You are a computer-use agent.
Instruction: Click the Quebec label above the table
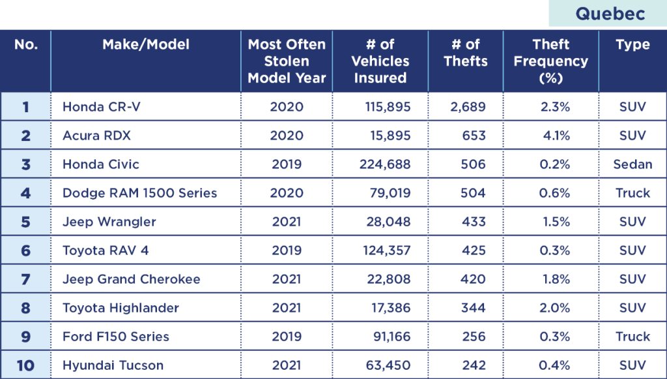click(609, 14)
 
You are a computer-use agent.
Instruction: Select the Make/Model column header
click(146, 44)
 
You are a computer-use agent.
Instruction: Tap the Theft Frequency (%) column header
click(550, 61)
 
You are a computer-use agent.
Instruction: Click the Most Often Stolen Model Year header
click(287, 61)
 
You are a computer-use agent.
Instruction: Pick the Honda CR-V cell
click(101, 107)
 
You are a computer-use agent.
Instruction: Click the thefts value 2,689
click(468, 107)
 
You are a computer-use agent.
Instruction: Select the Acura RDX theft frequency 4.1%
click(555, 136)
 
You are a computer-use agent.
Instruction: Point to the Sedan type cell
click(632, 164)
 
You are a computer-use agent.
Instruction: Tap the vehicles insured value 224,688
click(385, 164)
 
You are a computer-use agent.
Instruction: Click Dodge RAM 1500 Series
click(139, 193)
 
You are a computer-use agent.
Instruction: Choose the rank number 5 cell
click(25, 222)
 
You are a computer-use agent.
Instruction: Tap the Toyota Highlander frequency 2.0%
click(555, 308)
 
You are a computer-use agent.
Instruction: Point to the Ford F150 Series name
click(115, 337)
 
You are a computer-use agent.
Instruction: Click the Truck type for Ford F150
click(632, 337)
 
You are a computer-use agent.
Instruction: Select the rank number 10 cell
click(25, 365)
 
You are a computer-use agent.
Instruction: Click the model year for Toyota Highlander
click(287, 308)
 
